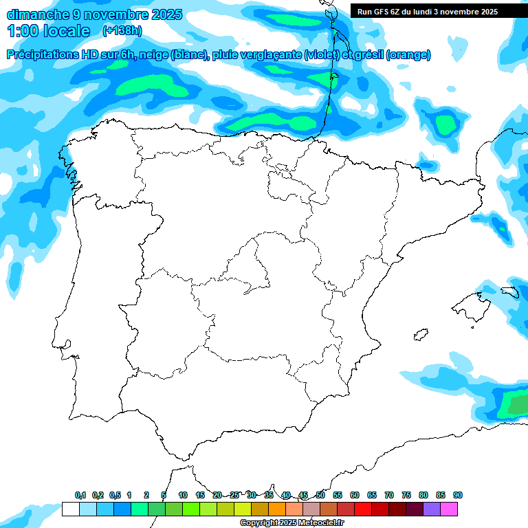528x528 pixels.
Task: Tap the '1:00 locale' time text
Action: click(x=49, y=31)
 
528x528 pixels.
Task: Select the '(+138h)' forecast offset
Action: click(x=122, y=31)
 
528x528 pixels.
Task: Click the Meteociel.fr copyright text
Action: click(x=291, y=522)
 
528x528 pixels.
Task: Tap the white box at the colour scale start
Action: click(x=70, y=509)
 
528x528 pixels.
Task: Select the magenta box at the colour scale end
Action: click(x=449, y=509)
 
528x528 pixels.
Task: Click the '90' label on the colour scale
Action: click(x=458, y=495)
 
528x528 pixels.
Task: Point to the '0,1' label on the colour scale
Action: click(x=80, y=495)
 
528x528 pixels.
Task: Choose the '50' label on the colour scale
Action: click(x=320, y=495)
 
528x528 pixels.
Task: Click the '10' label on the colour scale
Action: click(x=183, y=495)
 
